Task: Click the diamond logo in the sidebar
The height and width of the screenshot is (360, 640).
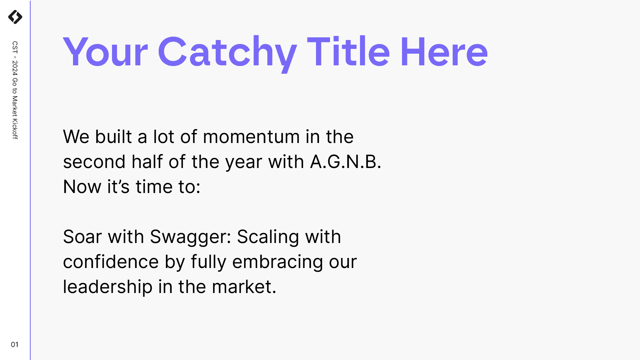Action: click(15, 17)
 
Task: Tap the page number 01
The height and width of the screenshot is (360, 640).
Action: click(15, 345)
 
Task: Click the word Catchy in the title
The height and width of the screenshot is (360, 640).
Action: click(227, 53)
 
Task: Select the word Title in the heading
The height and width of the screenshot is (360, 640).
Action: click(348, 51)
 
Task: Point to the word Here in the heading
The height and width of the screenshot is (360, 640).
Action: click(444, 52)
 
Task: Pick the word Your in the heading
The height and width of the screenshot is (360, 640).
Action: click(105, 52)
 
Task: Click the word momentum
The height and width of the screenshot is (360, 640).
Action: click(251, 137)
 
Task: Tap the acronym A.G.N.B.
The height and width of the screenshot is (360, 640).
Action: click(346, 162)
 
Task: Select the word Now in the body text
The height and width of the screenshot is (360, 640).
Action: click(82, 187)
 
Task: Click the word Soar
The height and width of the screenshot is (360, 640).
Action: click(82, 237)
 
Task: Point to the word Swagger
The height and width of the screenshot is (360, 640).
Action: click(190, 238)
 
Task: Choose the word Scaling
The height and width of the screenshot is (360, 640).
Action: click(268, 238)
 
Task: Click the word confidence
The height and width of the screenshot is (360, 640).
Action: click(111, 262)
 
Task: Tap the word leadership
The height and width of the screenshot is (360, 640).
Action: click(108, 287)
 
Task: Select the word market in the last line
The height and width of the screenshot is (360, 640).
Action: click(244, 287)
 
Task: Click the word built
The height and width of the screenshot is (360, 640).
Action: click(113, 137)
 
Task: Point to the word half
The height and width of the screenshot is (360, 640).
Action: click(147, 162)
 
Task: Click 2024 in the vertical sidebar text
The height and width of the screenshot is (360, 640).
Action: click(15, 68)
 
